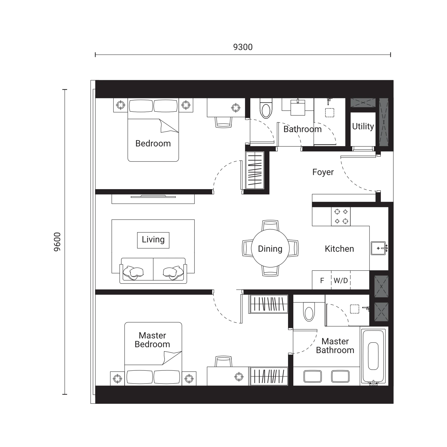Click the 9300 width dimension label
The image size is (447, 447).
243,47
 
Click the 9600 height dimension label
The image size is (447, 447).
57,242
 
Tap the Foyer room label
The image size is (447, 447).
323,172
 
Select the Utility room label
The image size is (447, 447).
363,126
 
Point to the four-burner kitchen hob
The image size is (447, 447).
341,217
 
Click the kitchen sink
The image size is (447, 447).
379,248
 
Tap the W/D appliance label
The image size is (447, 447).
341,280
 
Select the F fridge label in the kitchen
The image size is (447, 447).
322,280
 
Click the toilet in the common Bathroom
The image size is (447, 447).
266,109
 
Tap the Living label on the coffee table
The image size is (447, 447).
153,240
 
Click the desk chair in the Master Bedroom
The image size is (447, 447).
223,362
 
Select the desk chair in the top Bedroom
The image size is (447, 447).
223,122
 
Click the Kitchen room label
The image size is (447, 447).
339,249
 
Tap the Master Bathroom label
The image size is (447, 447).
335,346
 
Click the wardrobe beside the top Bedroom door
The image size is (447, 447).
255,170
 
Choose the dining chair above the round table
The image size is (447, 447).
270,225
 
